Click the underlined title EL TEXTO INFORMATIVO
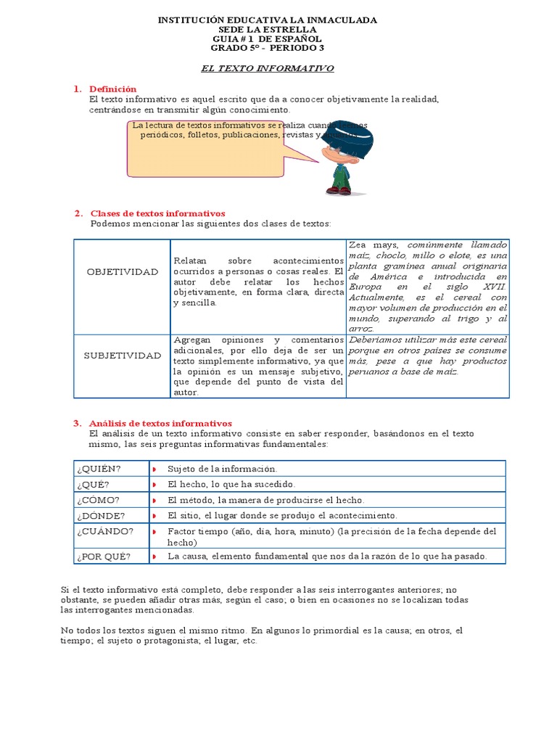(267, 67)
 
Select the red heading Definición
(112, 89)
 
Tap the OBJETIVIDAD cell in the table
(122, 271)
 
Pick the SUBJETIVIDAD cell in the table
(122, 356)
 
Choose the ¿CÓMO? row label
(97, 500)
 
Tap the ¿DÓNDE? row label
(100, 515)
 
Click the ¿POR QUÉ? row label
(103, 556)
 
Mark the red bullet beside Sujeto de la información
(154, 469)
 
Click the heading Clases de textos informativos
(157, 213)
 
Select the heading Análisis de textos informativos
(160, 423)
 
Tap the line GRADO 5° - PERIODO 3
(267, 48)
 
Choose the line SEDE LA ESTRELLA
(267, 29)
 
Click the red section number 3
(77, 423)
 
